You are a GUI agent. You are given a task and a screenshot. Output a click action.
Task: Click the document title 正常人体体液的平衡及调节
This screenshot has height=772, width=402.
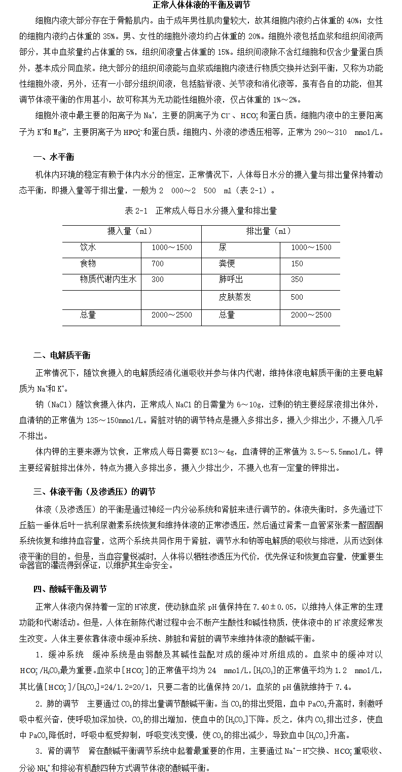point(201,6)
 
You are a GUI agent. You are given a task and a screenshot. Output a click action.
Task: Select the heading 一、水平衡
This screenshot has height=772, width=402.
point(54,157)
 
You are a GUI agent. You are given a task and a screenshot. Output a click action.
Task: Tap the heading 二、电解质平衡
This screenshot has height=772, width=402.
point(62,355)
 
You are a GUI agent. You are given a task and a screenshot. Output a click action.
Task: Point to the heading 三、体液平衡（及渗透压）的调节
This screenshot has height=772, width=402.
point(94,492)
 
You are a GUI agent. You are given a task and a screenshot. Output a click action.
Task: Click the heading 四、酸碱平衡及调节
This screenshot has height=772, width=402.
point(70,589)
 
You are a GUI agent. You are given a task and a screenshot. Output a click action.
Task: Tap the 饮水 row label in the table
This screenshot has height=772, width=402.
point(88,248)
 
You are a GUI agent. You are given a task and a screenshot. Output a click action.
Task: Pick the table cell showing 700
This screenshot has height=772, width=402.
point(158,264)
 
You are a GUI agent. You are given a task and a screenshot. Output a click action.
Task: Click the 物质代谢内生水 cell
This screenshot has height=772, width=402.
point(108,279)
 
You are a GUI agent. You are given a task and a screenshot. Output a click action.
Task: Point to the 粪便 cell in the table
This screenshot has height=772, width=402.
point(227,264)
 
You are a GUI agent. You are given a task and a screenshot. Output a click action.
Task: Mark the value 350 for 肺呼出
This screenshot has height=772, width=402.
point(297,279)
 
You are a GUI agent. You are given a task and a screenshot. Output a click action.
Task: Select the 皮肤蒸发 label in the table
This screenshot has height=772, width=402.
point(235,297)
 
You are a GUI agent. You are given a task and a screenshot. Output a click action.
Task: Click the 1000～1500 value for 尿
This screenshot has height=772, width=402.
point(311,248)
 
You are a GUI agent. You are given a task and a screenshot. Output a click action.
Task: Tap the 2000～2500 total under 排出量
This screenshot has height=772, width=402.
point(311,315)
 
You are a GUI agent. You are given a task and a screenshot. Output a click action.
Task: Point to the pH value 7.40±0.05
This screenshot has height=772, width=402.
point(274,607)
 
